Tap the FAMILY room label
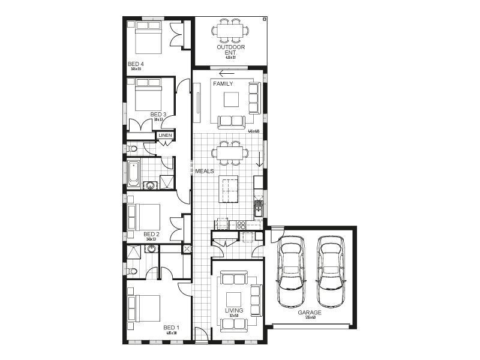[223, 84]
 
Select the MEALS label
[205, 172]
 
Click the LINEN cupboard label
[165, 136]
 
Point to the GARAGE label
[310, 313]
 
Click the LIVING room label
[234, 310]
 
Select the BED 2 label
[151, 234]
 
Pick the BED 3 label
[158, 114]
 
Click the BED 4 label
[136, 64]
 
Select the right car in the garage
[330, 271]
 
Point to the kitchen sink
[258, 207]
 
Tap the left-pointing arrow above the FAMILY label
[227, 74]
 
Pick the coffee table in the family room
[232, 98]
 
